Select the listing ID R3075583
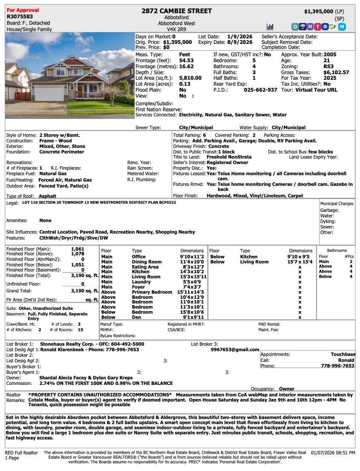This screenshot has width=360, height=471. [x=20, y=17]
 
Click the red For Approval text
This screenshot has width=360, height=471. [x=23, y=10]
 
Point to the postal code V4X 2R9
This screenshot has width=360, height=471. [x=177, y=29]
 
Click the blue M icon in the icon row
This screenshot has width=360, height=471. [x=342, y=26]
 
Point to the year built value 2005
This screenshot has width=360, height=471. [x=330, y=55]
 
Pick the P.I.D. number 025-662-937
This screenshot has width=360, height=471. [x=260, y=90]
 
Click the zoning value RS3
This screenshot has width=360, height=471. [x=328, y=66]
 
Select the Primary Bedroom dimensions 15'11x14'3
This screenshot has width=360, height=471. [x=191, y=292]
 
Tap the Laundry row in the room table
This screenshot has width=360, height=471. [x=141, y=282]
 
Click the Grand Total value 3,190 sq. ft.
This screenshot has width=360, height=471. [x=84, y=291]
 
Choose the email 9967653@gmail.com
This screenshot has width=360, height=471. [x=235, y=350]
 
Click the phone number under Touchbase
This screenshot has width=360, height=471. [x=337, y=366]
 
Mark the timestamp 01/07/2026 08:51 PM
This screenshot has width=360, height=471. [x=333, y=453]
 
